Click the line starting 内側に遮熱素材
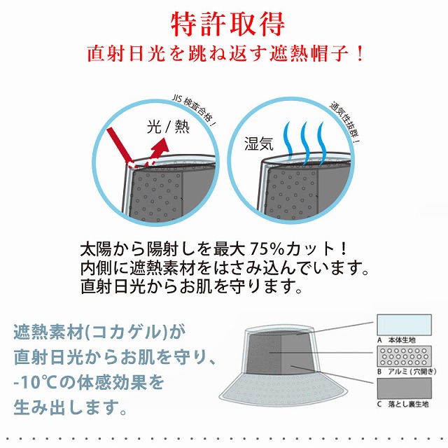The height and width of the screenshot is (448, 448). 224,268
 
